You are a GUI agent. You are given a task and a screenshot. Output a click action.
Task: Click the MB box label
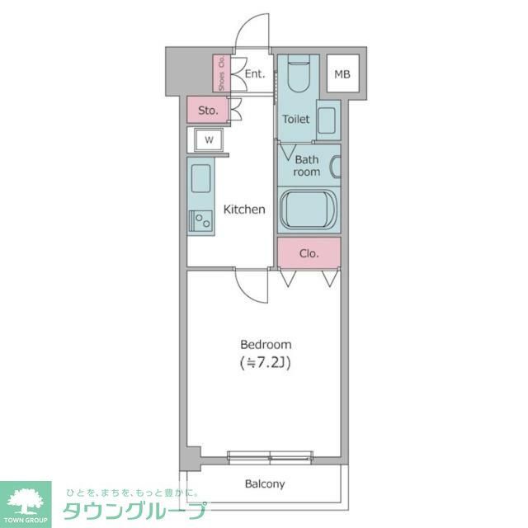pyautogui.click(x=342, y=75)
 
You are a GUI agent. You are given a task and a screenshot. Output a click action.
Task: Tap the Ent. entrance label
pyautogui.click(x=254, y=74)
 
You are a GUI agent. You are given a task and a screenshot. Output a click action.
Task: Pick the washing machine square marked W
pyautogui.click(x=209, y=139)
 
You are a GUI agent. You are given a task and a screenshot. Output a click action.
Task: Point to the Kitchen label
pyautogui.click(x=246, y=210)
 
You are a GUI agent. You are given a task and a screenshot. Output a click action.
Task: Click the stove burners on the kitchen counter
pyautogui.click(x=200, y=221)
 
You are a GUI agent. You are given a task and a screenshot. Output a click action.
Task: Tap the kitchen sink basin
pyautogui.click(x=200, y=178)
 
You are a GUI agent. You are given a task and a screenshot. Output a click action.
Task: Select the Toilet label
pyautogui.click(x=296, y=119)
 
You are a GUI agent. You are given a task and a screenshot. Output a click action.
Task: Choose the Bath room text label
pyautogui.click(x=307, y=166)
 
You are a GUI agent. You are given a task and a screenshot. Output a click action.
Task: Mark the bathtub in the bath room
pyautogui.click(x=309, y=210)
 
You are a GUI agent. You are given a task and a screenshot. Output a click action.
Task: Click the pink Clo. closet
pyautogui.click(x=309, y=252)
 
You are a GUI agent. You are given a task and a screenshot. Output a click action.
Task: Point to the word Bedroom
pyautogui.click(x=266, y=344)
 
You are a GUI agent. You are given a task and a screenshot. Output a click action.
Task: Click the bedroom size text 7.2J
pyautogui.click(x=266, y=362)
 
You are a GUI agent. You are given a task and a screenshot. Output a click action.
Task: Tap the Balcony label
pyautogui.click(x=265, y=484)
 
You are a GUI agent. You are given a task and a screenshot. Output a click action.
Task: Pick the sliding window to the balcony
pyautogui.click(x=270, y=455)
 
